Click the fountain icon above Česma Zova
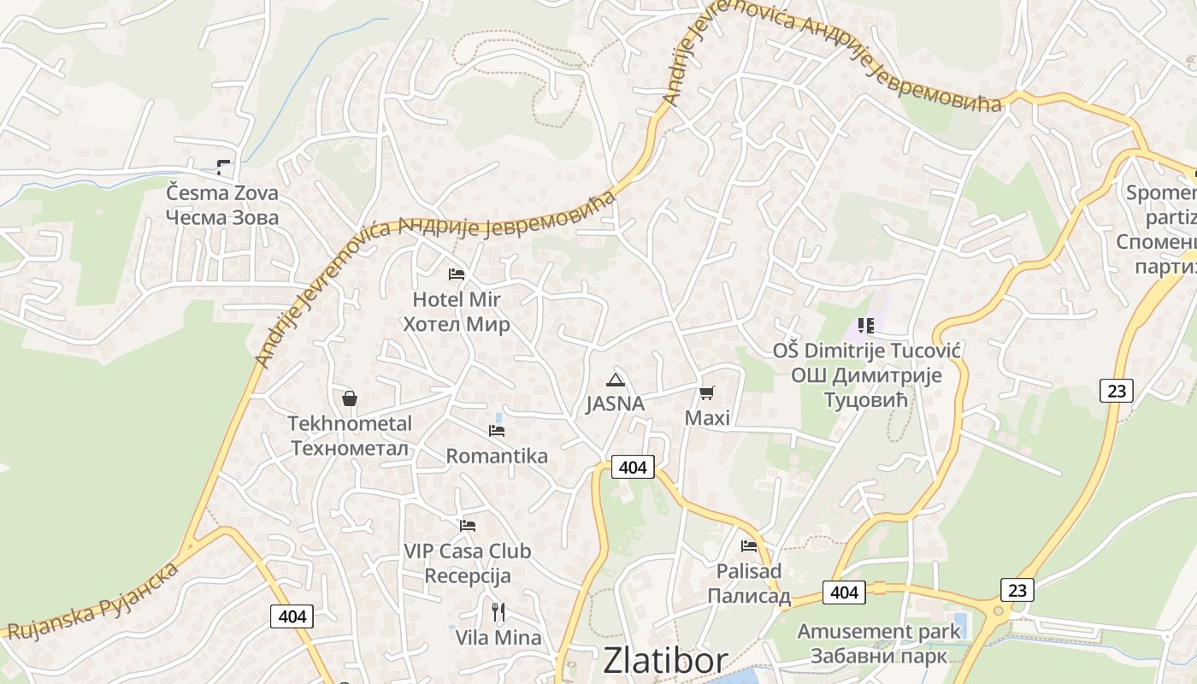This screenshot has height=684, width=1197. [x=223, y=167]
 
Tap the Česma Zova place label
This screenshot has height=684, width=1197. [x=222, y=205]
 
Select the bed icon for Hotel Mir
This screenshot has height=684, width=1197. [x=457, y=274]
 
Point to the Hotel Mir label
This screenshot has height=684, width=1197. [x=457, y=312]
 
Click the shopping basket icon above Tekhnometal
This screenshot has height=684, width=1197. [x=350, y=398]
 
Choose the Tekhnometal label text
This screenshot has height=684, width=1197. [x=350, y=436]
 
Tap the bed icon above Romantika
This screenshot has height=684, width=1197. [x=497, y=431]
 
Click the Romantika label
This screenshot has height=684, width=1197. [x=497, y=457]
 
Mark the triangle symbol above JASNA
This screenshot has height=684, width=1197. [x=615, y=380]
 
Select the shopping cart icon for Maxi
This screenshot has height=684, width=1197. [x=707, y=393]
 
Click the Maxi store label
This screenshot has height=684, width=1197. [x=707, y=418]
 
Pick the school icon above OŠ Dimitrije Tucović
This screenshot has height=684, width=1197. [x=866, y=326]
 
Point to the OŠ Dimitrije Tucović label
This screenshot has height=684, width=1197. [x=867, y=375]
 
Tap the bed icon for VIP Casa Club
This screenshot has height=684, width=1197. [x=468, y=526]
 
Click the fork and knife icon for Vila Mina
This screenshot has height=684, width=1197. [x=498, y=612]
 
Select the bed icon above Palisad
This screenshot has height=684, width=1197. [x=749, y=546]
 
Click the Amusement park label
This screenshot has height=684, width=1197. [x=879, y=644]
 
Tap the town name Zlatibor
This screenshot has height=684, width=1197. [x=665, y=661]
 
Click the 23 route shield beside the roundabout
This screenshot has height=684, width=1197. [x=1017, y=590]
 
